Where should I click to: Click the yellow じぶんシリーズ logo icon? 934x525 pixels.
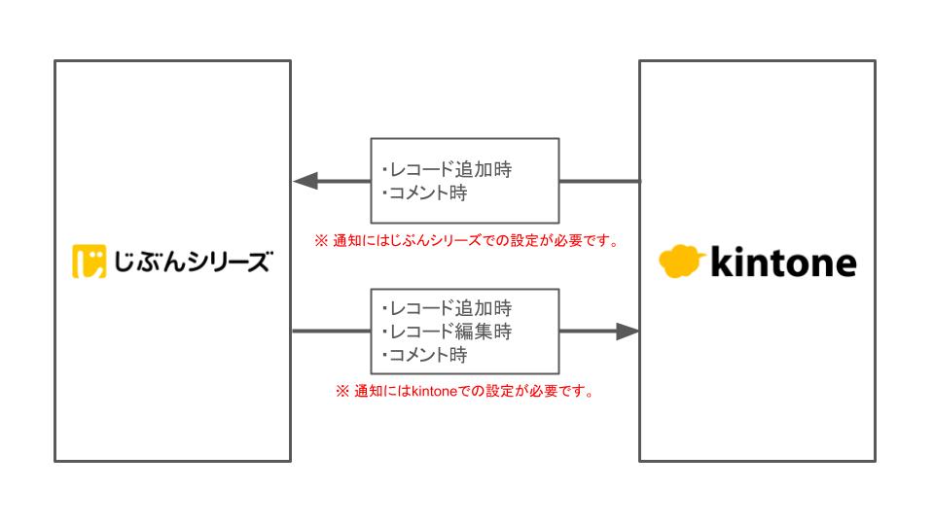(89, 262)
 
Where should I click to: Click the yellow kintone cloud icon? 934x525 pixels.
(681, 262)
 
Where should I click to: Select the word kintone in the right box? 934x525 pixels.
(783, 262)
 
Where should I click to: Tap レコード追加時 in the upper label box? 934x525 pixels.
(447, 170)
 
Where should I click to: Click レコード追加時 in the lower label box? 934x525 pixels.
(447, 309)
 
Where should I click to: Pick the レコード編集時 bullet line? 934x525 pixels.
(447, 332)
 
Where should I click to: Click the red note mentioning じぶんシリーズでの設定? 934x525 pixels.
(467, 240)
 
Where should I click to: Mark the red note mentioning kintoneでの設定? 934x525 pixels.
(465, 392)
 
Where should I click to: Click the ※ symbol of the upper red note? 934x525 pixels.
(319, 240)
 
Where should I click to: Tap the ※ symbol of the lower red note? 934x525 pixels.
(341, 392)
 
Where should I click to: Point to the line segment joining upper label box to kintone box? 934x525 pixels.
(599, 181)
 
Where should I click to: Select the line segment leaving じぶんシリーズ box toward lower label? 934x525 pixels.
(331, 332)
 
